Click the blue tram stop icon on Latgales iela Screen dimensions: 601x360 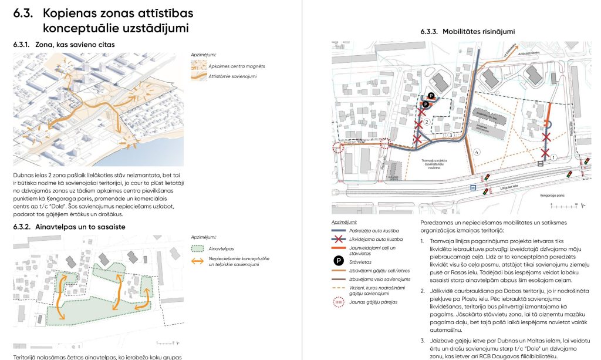point(473,188)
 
